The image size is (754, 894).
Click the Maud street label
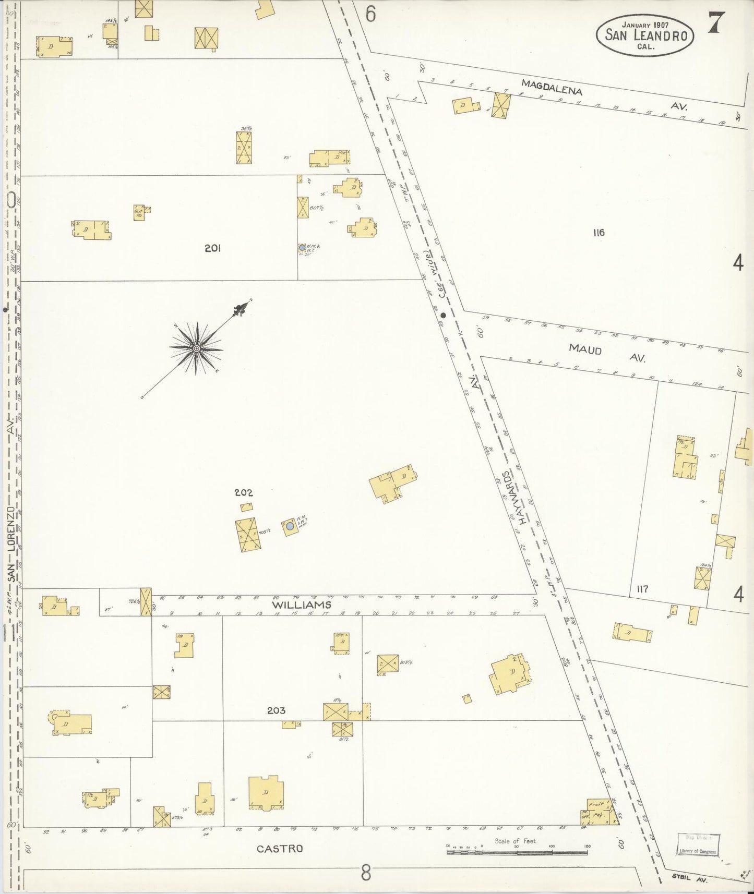click(x=585, y=348)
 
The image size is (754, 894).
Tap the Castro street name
click(x=280, y=849)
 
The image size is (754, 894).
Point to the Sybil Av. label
click(x=689, y=878)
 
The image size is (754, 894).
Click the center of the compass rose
click(x=196, y=348)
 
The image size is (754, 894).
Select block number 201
click(x=212, y=248)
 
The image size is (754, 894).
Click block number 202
click(x=243, y=492)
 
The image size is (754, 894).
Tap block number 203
click(x=276, y=710)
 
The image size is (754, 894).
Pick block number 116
click(x=599, y=233)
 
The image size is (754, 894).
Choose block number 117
click(x=642, y=589)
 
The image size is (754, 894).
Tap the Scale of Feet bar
click(x=516, y=853)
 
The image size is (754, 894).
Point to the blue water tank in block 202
click(x=290, y=527)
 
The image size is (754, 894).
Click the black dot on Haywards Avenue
click(x=443, y=315)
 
